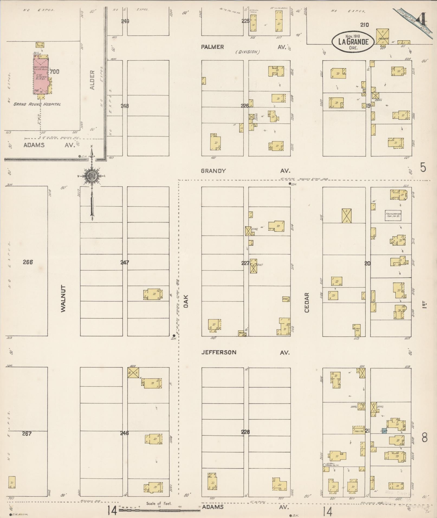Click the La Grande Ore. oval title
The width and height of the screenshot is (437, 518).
353,42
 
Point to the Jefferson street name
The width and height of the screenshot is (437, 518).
219,352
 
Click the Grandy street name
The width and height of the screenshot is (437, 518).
213,171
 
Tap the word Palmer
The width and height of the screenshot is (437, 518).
212,47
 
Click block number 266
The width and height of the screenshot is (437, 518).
28,262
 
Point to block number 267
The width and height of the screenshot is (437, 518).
27,434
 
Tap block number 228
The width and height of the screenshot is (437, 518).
245,432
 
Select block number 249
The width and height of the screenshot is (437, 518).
125,21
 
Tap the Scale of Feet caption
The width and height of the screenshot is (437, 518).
159,503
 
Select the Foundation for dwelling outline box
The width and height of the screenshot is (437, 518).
393,216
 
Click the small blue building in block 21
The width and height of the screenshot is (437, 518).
384,431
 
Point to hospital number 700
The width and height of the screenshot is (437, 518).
54,72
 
